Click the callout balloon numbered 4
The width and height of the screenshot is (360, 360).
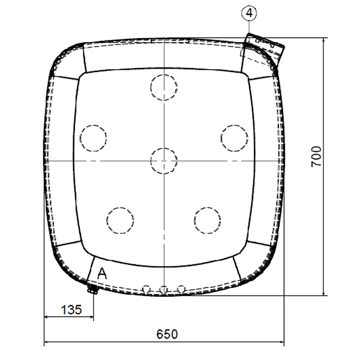pos(249,11)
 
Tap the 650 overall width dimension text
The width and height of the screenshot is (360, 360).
pos(166,334)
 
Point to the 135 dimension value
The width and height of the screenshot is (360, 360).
pos(70,309)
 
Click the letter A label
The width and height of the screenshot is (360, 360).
pos(102,274)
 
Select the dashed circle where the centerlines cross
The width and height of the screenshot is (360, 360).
pos(164,161)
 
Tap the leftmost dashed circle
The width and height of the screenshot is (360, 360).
pos(93,137)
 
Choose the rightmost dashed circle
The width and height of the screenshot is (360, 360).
pos(234,137)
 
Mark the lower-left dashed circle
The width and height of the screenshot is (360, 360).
pos(120,220)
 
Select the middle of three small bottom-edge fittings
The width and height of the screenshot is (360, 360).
pos(164,290)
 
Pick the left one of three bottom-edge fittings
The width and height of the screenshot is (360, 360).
pos(146,289)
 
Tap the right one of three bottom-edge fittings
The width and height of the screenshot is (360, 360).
pos(181,289)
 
